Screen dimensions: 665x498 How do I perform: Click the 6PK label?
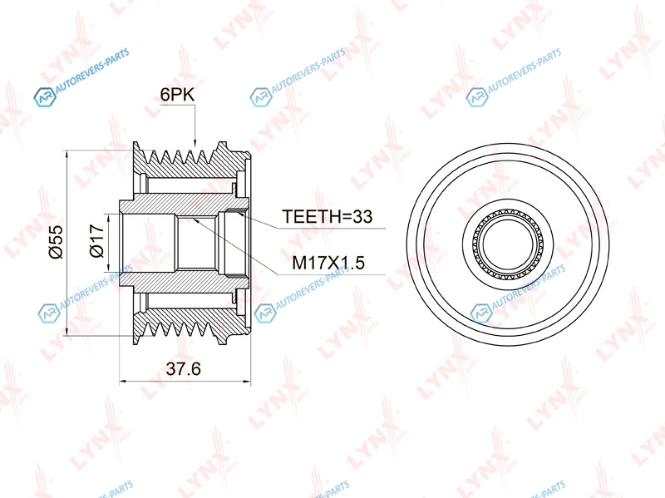tap(177, 95)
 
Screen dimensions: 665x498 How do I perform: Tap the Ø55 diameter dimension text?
tap(56, 242)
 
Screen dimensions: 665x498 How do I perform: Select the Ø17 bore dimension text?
tap(96, 241)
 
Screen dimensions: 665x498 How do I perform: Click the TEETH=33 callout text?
tap(327, 216)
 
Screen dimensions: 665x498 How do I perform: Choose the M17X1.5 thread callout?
tap(328, 263)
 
